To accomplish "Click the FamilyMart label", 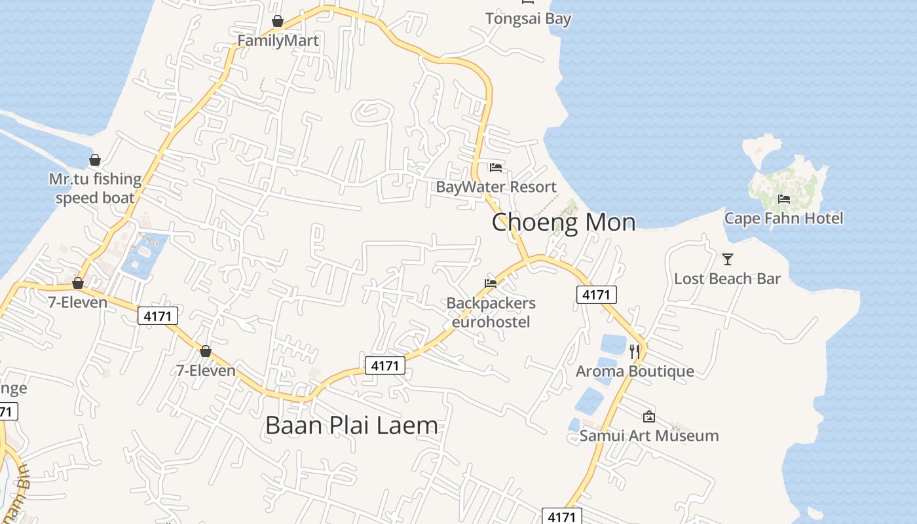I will pyautogui.click(x=278, y=41).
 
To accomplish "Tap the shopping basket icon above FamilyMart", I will pyautogui.click(x=278, y=21).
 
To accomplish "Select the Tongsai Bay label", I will pyautogui.click(x=528, y=18).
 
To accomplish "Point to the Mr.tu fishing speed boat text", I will pyautogui.click(x=95, y=189).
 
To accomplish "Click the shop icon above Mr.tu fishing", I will pyautogui.click(x=95, y=160).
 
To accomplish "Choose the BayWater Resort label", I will pyautogui.click(x=496, y=187).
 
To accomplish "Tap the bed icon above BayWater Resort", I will pyautogui.click(x=496, y=168).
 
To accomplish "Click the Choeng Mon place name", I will pyautogui.click(x=563, y=223).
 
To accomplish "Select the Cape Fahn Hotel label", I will pyautogui.click(x=783, y=218).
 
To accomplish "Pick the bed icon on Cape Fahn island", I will pyautogui.click(x=783, y=199).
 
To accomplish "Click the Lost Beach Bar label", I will pyautogui.click(x=727, y=278).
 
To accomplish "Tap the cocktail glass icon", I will pyautogui.click(x=727, y=259).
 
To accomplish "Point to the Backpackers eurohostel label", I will pyautogui.click(x=491, y=312).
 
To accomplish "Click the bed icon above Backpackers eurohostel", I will pyautogui.click(x=491, y=284).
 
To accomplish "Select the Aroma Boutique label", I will pyautogui.click(x=635, y=371).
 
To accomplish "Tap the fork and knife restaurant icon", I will pyautogui.click(x=634, y=352).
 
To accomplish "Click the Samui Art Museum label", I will pyautogui.click(x=649, y=436).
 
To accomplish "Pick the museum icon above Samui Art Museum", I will pyautogui.click(x=648, y=416).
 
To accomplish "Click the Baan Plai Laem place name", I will pyautogui.click(x=352, y=426).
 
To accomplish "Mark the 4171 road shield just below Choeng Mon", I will pyautogui.click(x=596, y=295).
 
